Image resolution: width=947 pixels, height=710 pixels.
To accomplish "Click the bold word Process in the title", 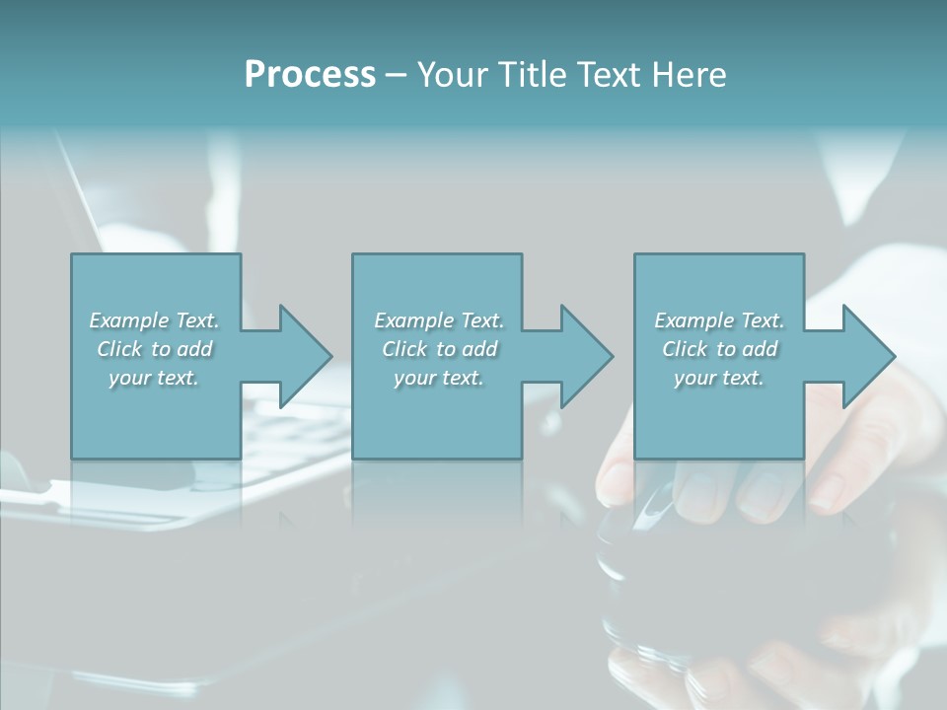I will click(310, 75).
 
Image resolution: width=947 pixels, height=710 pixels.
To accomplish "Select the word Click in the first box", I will click(119, 349).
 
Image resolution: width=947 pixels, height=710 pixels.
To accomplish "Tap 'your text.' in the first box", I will click(154, 378).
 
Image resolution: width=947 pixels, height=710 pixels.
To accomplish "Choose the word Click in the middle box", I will click(404, 349).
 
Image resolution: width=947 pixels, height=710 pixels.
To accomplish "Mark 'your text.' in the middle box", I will click(438, 378).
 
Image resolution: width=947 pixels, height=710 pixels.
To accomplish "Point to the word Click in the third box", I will click(685, 349).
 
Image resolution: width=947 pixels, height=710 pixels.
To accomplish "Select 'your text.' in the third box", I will click(719, 378).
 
